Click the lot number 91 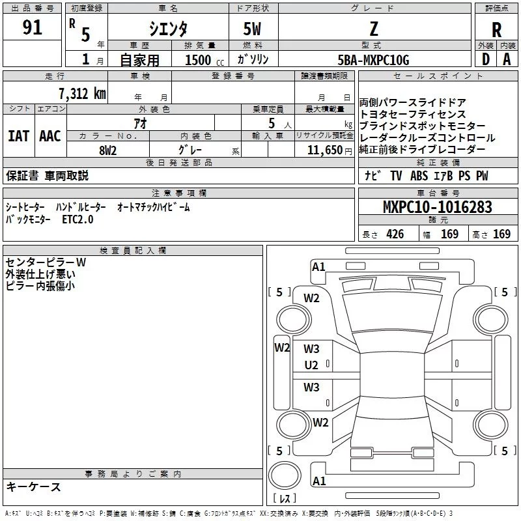pyautogui.click(x=32, y=28)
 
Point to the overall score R pyautogui.click(x=496, y=29)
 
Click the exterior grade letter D pyautogui.click(x=485, y=59)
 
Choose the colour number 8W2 pyautogui.click(x=108, y=150)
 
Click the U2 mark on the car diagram pyautogui.click(x=311, y=365)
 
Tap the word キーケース pyautogui.click(x=33, y=487)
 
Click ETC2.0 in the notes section pyautogui.click(x=78, y=220)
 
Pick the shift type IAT pyautogui.click(x=18, y=136)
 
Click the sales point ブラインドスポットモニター pyautogui.click(x=422, y=126)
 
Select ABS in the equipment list pyautogui.click(x=420, y=176)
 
